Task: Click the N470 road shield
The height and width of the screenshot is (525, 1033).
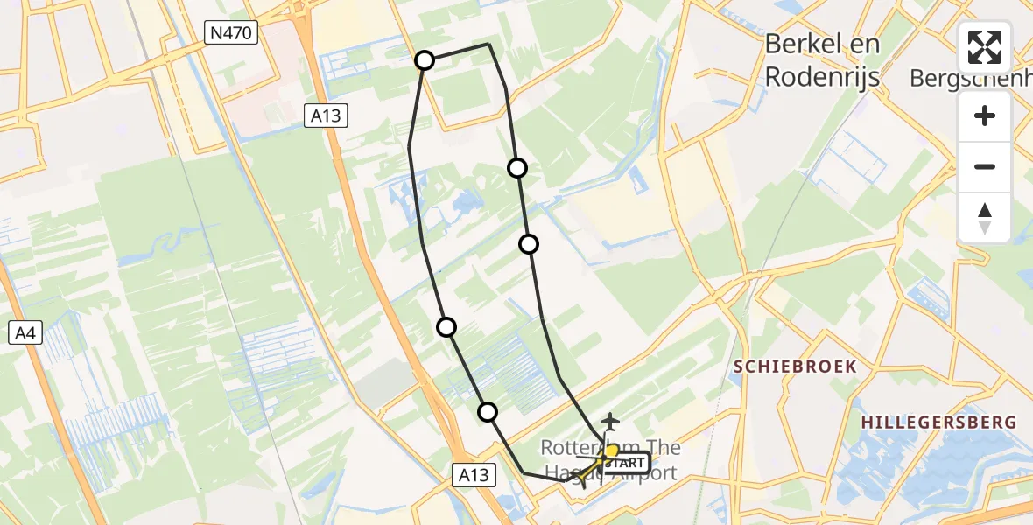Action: tap(231, 34)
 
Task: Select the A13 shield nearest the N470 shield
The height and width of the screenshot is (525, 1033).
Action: tap(327, 115)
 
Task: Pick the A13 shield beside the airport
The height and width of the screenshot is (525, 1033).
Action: tap(474, 475)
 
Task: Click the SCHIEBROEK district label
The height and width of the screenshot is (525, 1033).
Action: tap(795, 367)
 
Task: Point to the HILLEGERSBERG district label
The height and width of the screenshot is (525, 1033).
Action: tap(938, 423)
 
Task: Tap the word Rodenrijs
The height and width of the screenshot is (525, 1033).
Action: tap(822, 76)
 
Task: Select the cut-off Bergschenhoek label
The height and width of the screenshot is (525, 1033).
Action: tap(970, 78)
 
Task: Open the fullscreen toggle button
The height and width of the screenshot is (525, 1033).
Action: tap(985, 47)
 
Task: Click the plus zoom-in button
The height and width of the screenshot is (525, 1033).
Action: tap(985, 115)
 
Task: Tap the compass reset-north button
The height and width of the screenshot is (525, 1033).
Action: tap(985, 217)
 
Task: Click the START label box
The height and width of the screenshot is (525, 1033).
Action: tap(624, 462)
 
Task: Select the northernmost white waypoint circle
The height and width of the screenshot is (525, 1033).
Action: tap(425, 60)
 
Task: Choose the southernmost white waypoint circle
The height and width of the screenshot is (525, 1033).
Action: tap(488, 411)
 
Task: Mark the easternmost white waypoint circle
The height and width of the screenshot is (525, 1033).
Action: tap(528, 244)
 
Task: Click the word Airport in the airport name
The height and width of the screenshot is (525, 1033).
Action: tap(645, 473)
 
